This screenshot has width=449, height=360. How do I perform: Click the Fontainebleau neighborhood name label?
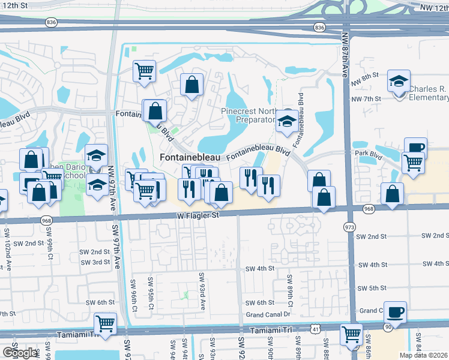pyautogui.click(x=187, y=157)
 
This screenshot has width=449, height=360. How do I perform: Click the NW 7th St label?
pyautogui.click(x=366, y=98)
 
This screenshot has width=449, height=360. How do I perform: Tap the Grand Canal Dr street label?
pyautogui.click(x=268, y=314)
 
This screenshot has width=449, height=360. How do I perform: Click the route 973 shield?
pyautogui.click(x=349, y=227)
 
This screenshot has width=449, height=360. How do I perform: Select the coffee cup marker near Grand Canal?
pyautogui.click(x=395, y=311)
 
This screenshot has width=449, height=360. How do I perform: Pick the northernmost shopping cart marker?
pyautogui.click(x=144, y=70)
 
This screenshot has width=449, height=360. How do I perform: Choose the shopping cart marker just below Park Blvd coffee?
pyautogui.click(x=413, y=162)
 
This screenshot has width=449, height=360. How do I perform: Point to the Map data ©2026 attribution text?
pyautogui.click(x=423, y=355)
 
